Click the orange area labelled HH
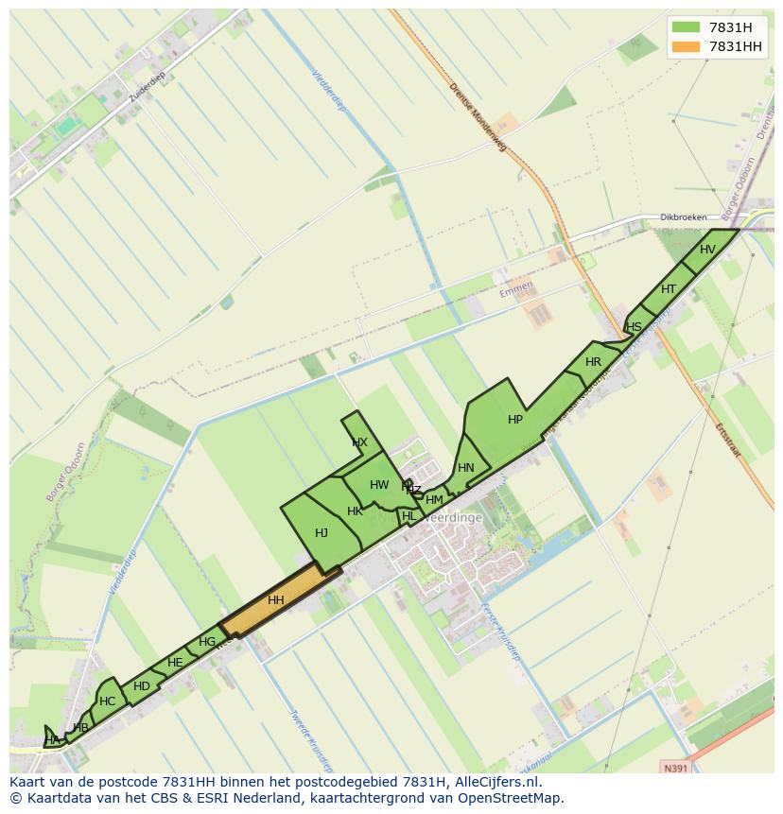click(x=276, y=600)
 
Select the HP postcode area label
click(x=515, y=420)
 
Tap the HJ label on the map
click(x=322, y=533)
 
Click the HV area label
click(x=707, y=250)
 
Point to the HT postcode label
click(x=669, y=289)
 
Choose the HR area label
click(x=593, y=362)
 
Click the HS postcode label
click(x=634, y=327)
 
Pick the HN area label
click(x=466, y=468)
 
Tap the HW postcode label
click(x=379, y=485)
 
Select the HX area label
click(x=359, y=442)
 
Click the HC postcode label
click(x=107, y=701)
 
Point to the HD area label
click(x=142, y=686)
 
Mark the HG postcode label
click(x=207, y=642)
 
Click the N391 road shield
click(x=676, y=769)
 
